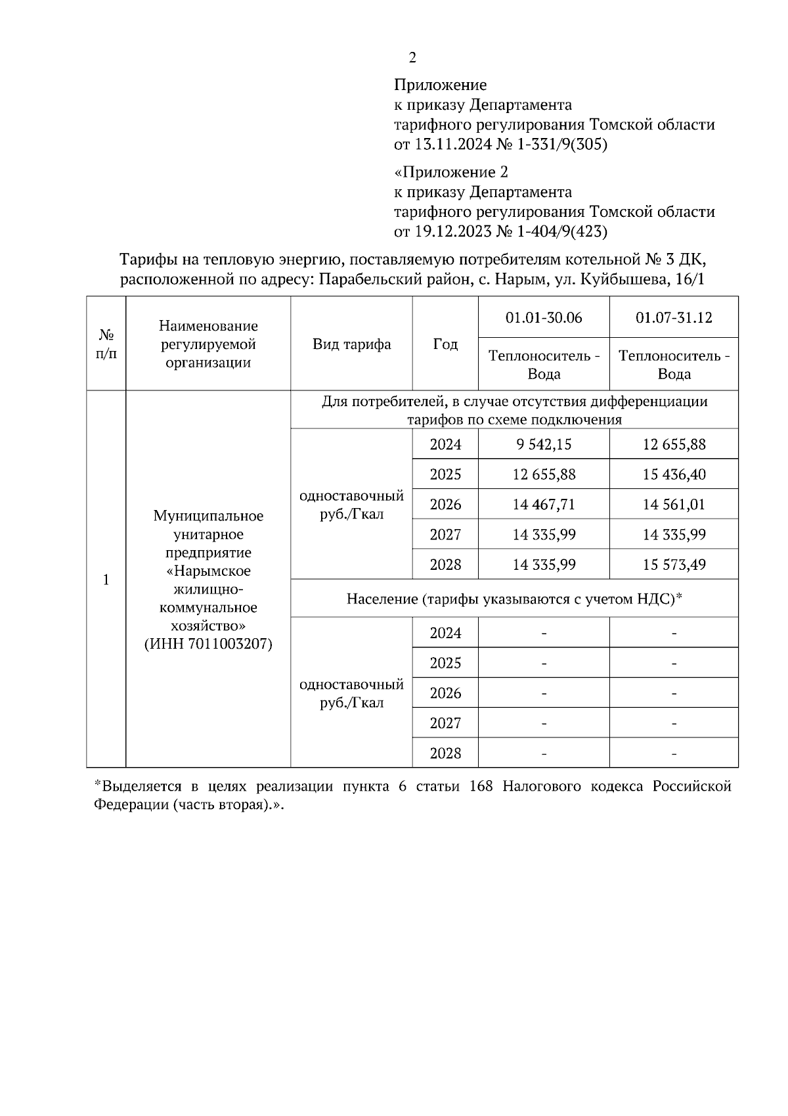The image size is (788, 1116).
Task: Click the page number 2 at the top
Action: pyautogui.click(x=412, y=58)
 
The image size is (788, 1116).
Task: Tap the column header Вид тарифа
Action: pyautogui.click(x=351, y=344)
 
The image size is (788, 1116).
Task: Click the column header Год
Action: pyautogui.click(x=445, y=344)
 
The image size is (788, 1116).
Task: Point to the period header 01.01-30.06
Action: pyautogui.click(x=544, y=318)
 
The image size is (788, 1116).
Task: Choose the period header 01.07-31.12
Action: pyautogui.click(x=674, y=318)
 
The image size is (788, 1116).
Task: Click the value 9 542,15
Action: pyautogui.click(x=544, y=444)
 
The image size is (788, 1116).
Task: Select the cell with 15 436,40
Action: pyautogui.click(x=674, y=475)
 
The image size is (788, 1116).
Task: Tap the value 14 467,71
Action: pyautogui.click(x=544, y=505)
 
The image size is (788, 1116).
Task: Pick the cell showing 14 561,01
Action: pyautogui.click(x=674, y=505)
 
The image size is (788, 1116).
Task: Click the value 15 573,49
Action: pyautogui.click(x=674, y=565)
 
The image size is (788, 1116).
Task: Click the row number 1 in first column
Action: pyautogui.click(x=106, y=580)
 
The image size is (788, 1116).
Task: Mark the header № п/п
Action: pyautogui.click(x=106, y=344)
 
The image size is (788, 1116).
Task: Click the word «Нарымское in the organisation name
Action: pyautogui.click(x=208, y=571)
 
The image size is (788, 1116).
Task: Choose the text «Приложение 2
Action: pyautogui.click(x=451, y=172)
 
